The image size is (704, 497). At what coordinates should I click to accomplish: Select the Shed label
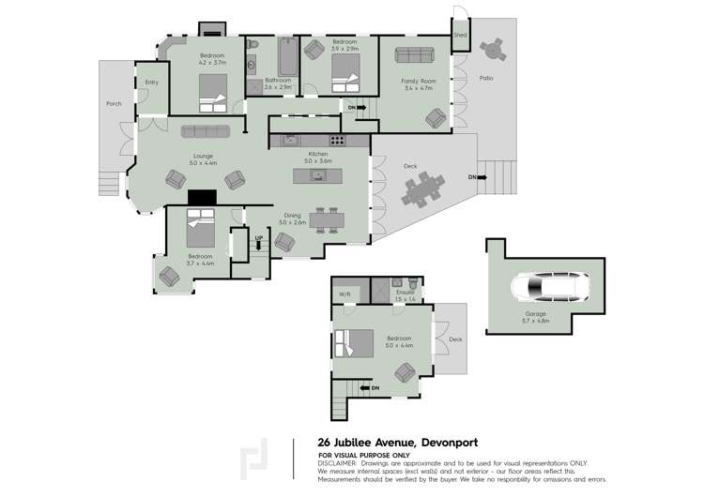pos(460,35)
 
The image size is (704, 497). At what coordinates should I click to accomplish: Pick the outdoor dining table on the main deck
pos(422,191)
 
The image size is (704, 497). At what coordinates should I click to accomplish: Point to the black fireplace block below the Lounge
pos(202,197)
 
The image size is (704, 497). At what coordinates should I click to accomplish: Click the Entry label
pos(151,83)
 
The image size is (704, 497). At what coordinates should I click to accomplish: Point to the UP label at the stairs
pos(258,238)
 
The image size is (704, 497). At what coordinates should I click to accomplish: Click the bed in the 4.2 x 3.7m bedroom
pos(214,93)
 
